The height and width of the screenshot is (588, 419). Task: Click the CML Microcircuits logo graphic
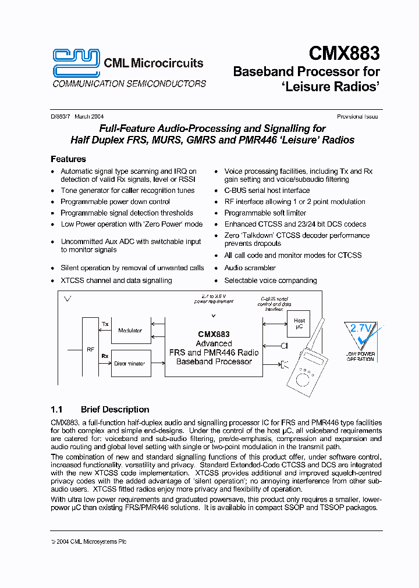tap(76, 62)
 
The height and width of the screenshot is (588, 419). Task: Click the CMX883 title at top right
tap(344, 53)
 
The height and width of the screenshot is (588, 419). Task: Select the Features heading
tap(68, 159)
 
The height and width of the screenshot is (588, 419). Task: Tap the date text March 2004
tap(89, 117)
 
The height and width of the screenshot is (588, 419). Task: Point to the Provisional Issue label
tap(357, 117)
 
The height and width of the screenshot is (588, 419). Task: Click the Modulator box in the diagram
tap(130, 330)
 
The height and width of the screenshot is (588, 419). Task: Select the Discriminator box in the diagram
tap(130, 363)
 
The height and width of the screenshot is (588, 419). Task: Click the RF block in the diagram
tap(90, 350)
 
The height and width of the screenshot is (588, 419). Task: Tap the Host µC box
tap(299, 324)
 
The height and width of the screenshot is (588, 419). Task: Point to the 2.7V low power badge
tap(360, 340)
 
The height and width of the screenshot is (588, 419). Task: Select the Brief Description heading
tap(115, 409)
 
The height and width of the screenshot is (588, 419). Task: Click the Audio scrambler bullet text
tap(250, 268)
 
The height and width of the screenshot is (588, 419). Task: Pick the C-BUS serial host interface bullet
tap(267, 191)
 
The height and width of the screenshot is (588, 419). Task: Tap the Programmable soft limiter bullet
tap(265, 213)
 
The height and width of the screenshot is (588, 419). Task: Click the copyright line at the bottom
tap(88, 542)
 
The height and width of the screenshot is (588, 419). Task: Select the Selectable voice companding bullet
tap(270, 280)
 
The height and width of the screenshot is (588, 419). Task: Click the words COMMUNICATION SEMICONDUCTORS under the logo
tap(129, 84)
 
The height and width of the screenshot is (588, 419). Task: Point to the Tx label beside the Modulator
tap(105, 324)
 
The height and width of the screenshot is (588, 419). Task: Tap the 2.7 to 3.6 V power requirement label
tap(214, 299)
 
